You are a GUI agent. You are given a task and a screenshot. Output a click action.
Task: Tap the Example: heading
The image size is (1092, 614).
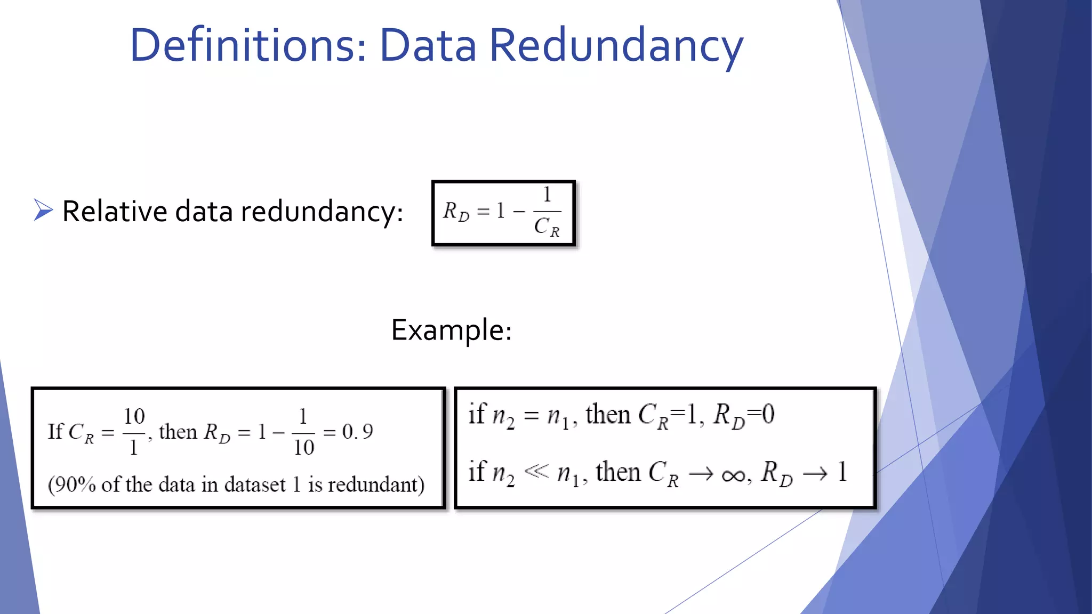click(452, 330)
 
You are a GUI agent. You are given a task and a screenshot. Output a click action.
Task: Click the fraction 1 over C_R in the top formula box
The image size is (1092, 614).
click(547, 212)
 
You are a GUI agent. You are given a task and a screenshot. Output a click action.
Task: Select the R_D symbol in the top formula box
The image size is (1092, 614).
click(456, 212)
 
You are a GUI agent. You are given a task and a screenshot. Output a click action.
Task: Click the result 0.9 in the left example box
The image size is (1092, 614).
click(357, 432)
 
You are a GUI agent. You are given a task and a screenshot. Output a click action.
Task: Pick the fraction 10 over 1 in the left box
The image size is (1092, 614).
click(134, 431)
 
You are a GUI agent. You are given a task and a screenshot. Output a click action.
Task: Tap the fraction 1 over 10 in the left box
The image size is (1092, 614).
click(303, 431)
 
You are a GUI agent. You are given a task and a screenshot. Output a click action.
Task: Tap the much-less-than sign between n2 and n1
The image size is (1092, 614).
click(536, 471)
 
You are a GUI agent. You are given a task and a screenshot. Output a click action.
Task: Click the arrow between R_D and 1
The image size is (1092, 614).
click(815, 473)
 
